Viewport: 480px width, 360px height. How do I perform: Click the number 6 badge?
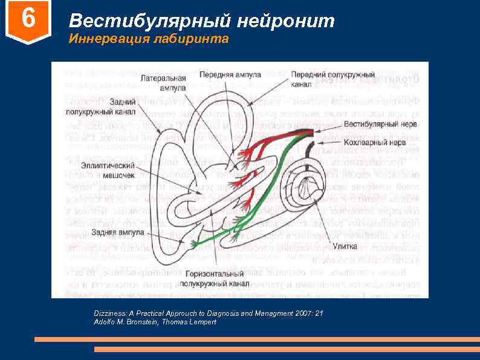pos(28,20)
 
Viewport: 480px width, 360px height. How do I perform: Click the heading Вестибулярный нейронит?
pos(201,21)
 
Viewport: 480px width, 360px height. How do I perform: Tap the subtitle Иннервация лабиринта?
pos(149,40)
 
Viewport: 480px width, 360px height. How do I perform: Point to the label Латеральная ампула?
pos(163,83)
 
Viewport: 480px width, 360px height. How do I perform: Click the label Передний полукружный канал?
pos(333,79)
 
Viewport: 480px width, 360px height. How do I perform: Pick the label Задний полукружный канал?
pos(100,106)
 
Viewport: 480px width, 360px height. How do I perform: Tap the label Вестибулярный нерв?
pos(380,124)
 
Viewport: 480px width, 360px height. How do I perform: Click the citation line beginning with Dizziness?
pos(209,313)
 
